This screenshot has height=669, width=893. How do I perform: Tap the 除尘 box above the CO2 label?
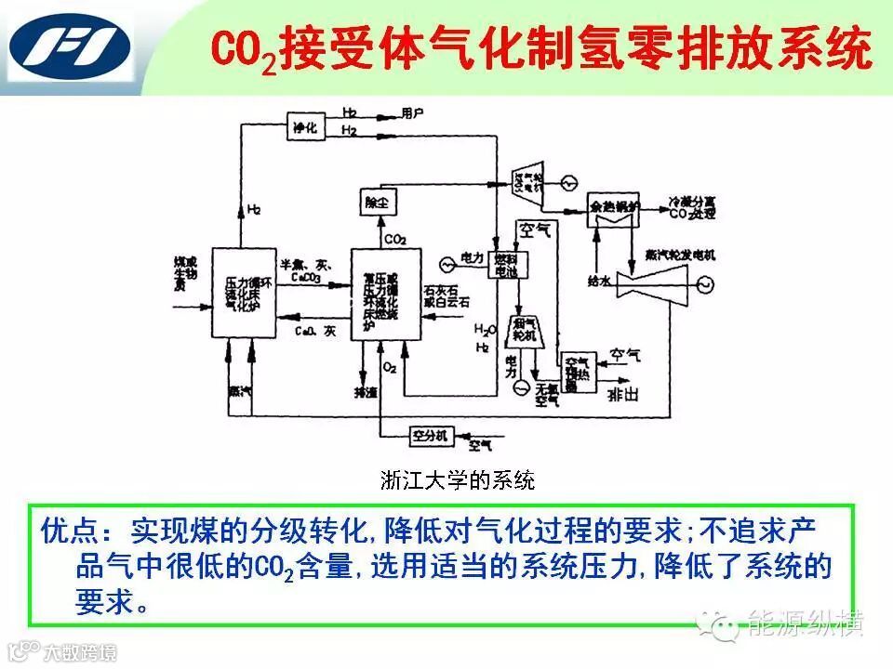coord(376,201)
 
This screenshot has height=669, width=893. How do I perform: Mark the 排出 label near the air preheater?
coord(622,395)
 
